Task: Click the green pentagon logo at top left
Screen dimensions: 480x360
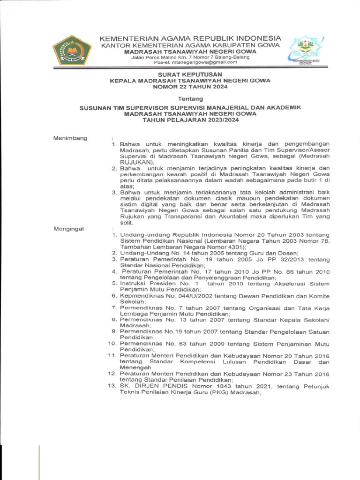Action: (72, 50)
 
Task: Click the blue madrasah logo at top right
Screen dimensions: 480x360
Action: (304, 51)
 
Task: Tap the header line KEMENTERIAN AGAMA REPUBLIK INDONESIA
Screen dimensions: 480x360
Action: (190, 37)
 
